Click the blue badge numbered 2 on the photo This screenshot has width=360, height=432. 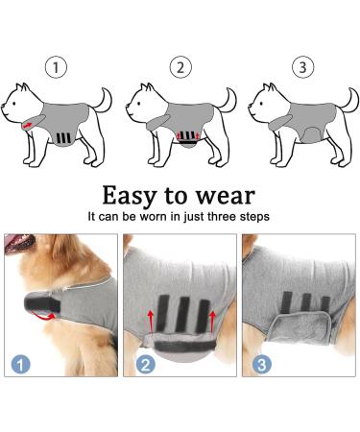144,364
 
